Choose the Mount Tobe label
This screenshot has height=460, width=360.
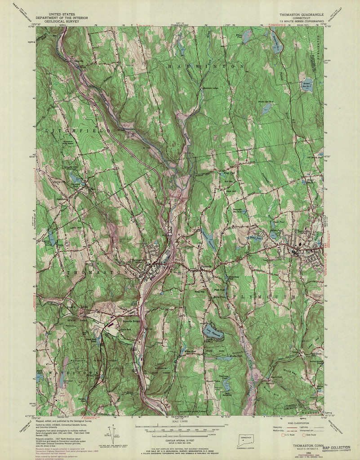pos(213,381)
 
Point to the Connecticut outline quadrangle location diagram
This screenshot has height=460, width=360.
pos(245,438)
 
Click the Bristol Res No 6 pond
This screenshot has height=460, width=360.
pos(267,108)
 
